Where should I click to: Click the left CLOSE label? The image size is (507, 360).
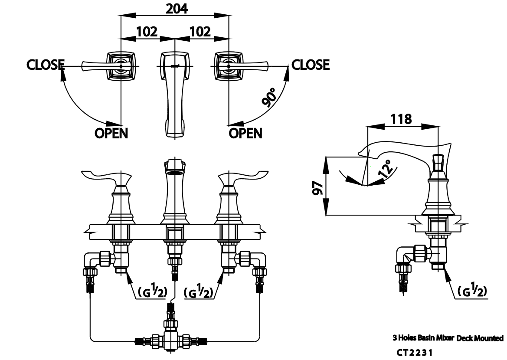[46, 65]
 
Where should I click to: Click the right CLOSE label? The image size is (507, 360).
[311, 65]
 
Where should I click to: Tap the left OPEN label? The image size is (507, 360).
[111, 133]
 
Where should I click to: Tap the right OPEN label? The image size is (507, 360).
[245, 133]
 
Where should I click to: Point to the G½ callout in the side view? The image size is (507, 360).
[471, 292]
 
